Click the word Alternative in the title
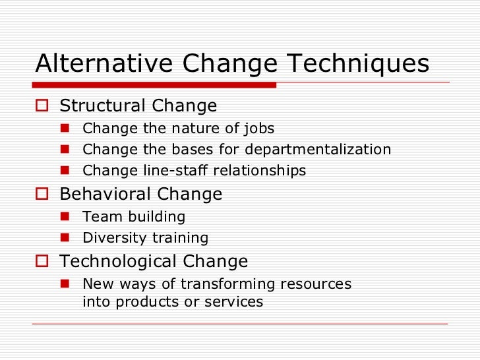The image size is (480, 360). tap(95, 64)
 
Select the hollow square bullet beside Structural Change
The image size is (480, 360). tap(44, 106)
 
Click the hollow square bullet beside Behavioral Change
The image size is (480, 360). tap(44, 195)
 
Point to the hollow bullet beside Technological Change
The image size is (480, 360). tap(44, 262)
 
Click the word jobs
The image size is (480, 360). tap(258, 129)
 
